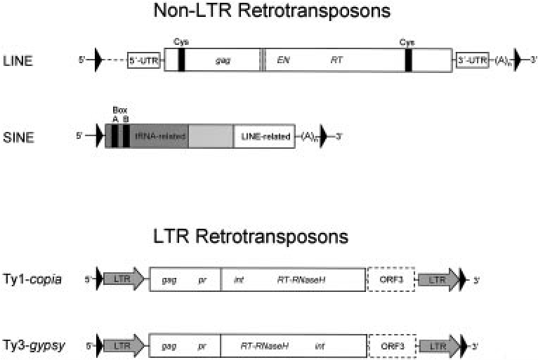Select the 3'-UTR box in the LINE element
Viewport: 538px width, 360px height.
click(472, 60)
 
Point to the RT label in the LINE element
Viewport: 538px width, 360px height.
click(336, 60)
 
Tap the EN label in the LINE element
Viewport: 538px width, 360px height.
click(284, 60)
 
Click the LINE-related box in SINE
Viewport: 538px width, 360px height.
click(265, 135)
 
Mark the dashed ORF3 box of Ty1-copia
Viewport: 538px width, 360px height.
click(391, 279)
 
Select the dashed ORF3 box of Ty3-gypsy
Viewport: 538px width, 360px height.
click(391, 345)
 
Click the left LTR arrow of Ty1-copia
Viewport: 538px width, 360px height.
click(124, 279)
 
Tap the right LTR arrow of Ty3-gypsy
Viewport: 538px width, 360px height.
click(438, 345)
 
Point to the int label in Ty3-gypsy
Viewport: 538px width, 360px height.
click(320, 345)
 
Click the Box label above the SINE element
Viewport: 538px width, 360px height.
click(119, 110)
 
